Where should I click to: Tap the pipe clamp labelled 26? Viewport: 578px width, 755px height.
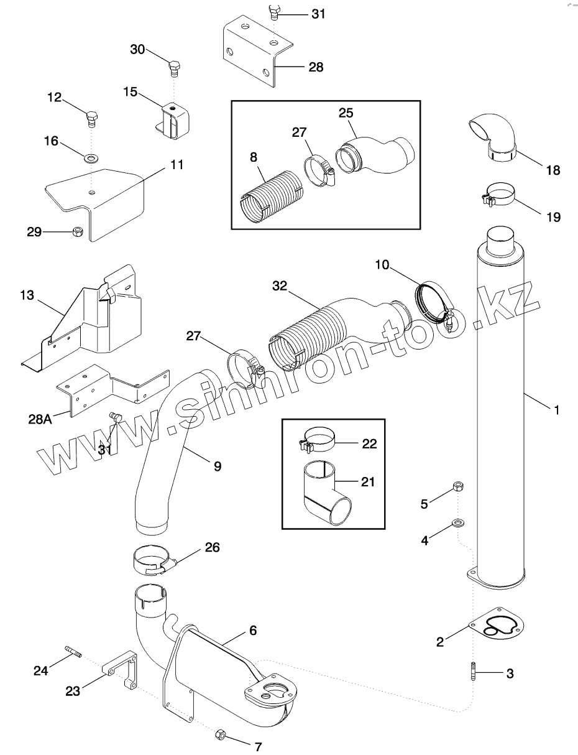coord(152,559)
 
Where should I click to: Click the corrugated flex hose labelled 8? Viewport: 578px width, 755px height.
coord(272,195)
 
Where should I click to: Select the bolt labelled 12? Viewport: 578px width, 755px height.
coord(91,117)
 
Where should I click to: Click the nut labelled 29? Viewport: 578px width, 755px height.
coord(78,231)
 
